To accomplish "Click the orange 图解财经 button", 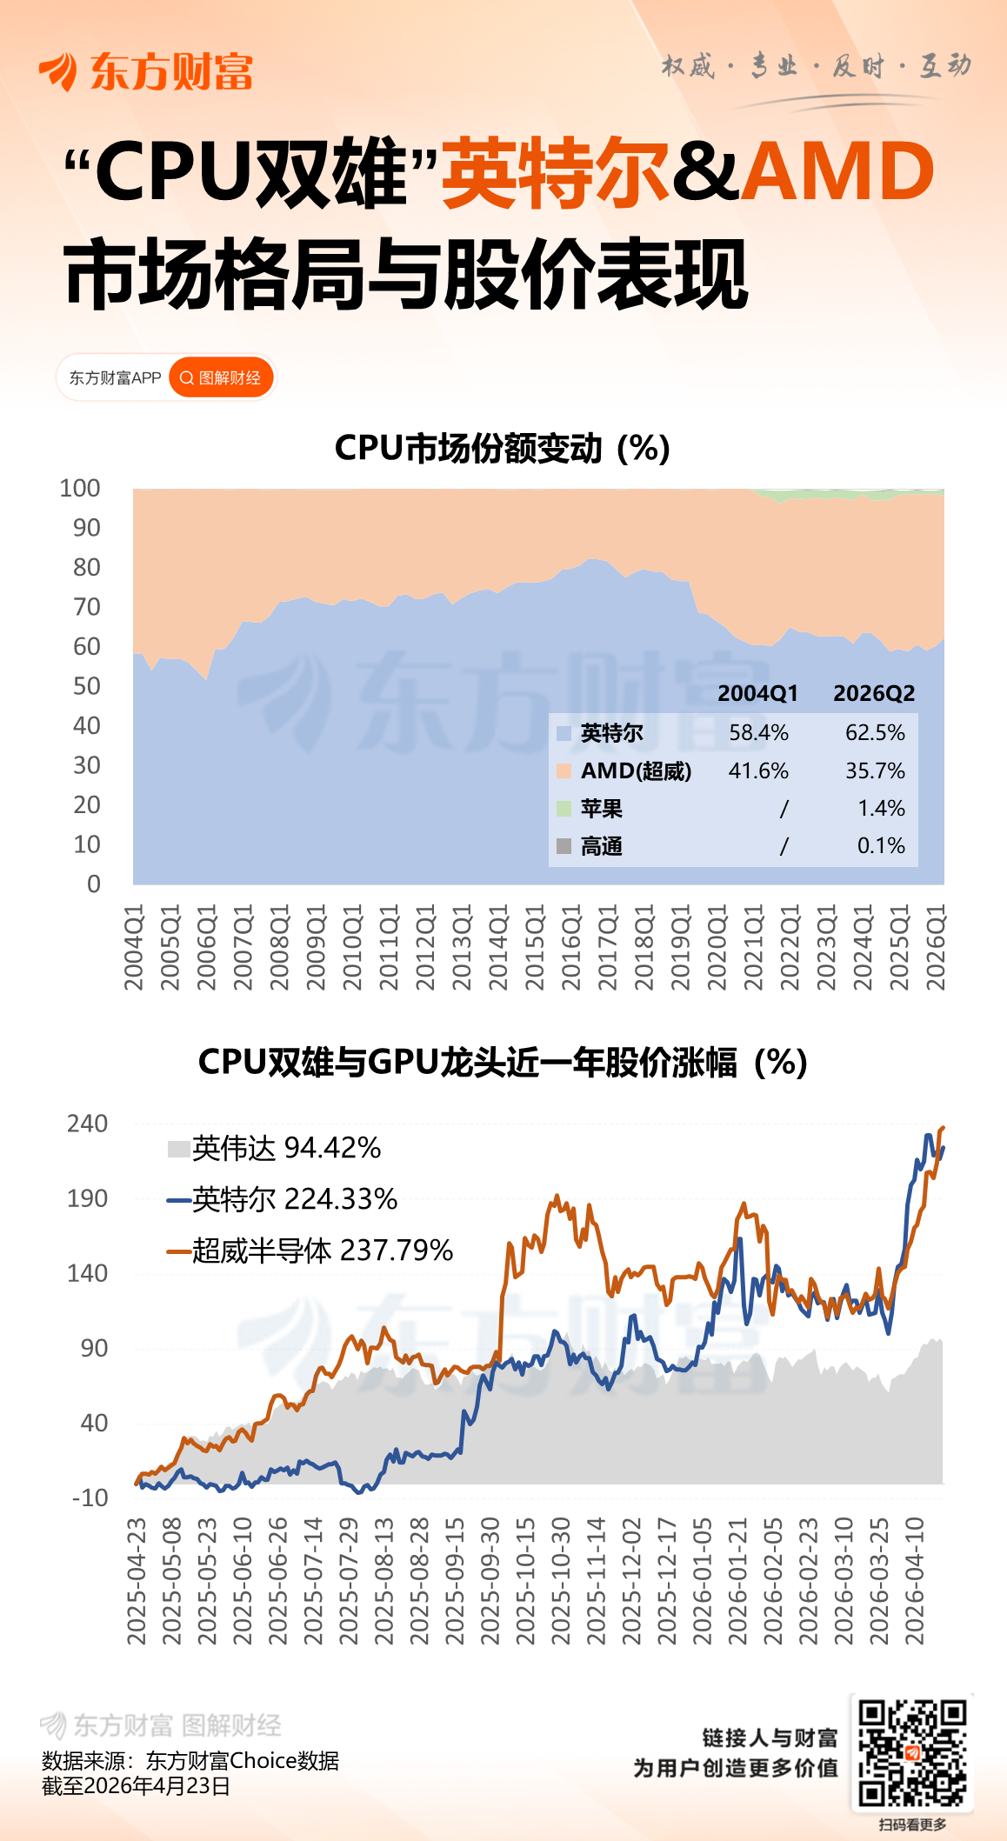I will tap(221, 377).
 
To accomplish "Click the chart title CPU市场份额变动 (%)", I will tap(502, 449).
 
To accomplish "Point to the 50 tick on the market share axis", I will tap(86, 686).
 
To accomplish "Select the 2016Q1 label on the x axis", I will tap(570, 947).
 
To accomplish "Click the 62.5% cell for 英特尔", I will tap(875, 732).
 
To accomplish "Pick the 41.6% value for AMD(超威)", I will tap(758, 770).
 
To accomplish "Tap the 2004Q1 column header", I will tap(757, 693).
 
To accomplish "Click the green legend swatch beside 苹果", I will tap(564, 809).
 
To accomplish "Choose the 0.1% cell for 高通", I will tap(881, 845).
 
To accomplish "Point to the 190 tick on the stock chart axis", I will tap(87, 1198).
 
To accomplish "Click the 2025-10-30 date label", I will tap(561, 1580).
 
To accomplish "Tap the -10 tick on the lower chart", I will tap(90, 1497).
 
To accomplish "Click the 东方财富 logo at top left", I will tap(146, 71).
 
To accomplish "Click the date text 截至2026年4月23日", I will tap(136, 1785).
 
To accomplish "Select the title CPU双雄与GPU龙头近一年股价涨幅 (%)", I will tap(503, 1062).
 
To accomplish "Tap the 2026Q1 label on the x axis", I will tap(935, 947).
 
